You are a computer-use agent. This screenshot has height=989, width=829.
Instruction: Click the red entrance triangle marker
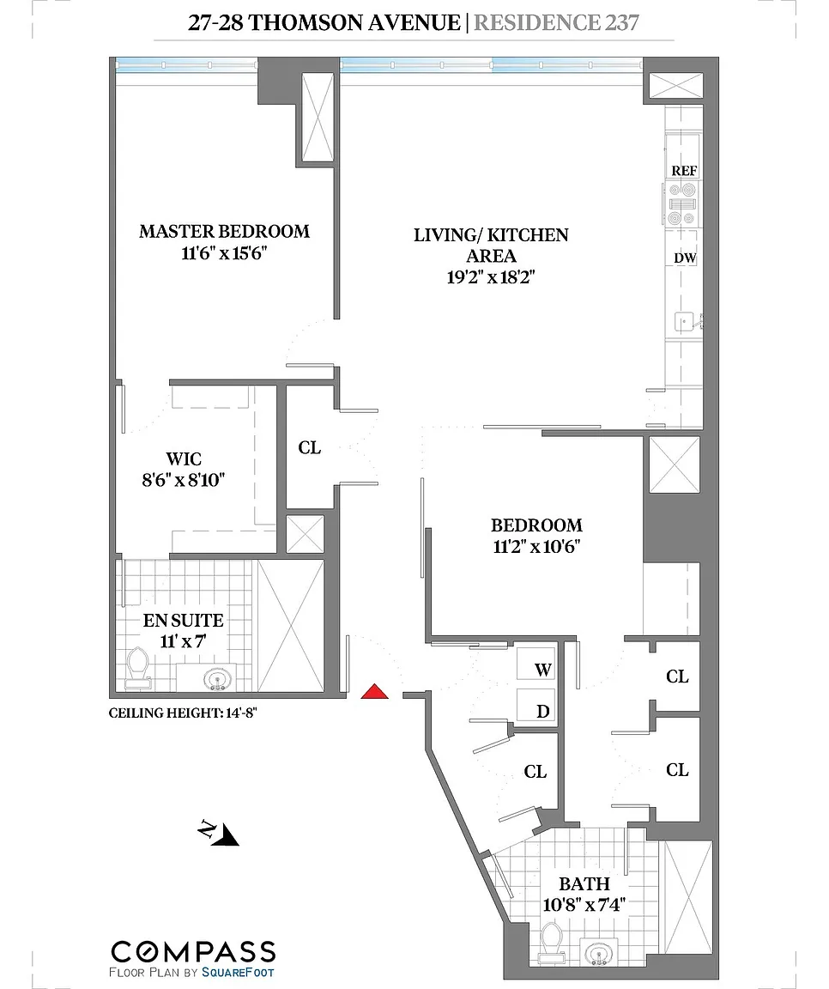pyautogui.click(x=374, y=691)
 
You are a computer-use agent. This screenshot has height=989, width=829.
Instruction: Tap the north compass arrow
pyautogui.click(x=220, y=833)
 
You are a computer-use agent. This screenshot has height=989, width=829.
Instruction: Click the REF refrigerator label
pyautogui.click(x=684, y=171)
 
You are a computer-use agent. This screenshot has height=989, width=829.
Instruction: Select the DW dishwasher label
pyautogui.click(x=685, y=258)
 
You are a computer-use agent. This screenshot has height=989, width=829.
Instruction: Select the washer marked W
pyautogui.click(x=536, y=668)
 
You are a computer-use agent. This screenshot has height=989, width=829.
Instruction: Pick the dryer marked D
pyautogui.click(x=536, y=706)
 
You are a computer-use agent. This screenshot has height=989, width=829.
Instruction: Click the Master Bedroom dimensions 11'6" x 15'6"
pyautogui.click(x=225, y=253)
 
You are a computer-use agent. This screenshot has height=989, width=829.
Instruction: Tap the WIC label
pyautogui.click(x=184, y=458)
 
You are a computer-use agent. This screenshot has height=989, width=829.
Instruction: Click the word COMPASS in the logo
pyautogui.click(x=194, y=951)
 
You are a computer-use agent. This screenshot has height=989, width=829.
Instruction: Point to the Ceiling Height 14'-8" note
pyautogui.click(x=184, y=713)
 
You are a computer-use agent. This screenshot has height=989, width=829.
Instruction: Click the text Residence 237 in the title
pyautogui.click(x=557, y=22)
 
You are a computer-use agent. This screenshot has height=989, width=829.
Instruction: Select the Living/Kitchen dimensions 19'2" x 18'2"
pyautogui.click(x=491, y=277)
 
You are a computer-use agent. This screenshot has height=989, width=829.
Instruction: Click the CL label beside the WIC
pyautogui.click(x=310, y=448)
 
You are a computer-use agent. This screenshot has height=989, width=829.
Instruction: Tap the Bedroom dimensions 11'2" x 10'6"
pyautogui.click(x=536, y=547)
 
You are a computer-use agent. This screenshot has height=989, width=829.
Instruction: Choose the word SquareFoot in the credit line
pyautogui.click(x=239, y=973)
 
